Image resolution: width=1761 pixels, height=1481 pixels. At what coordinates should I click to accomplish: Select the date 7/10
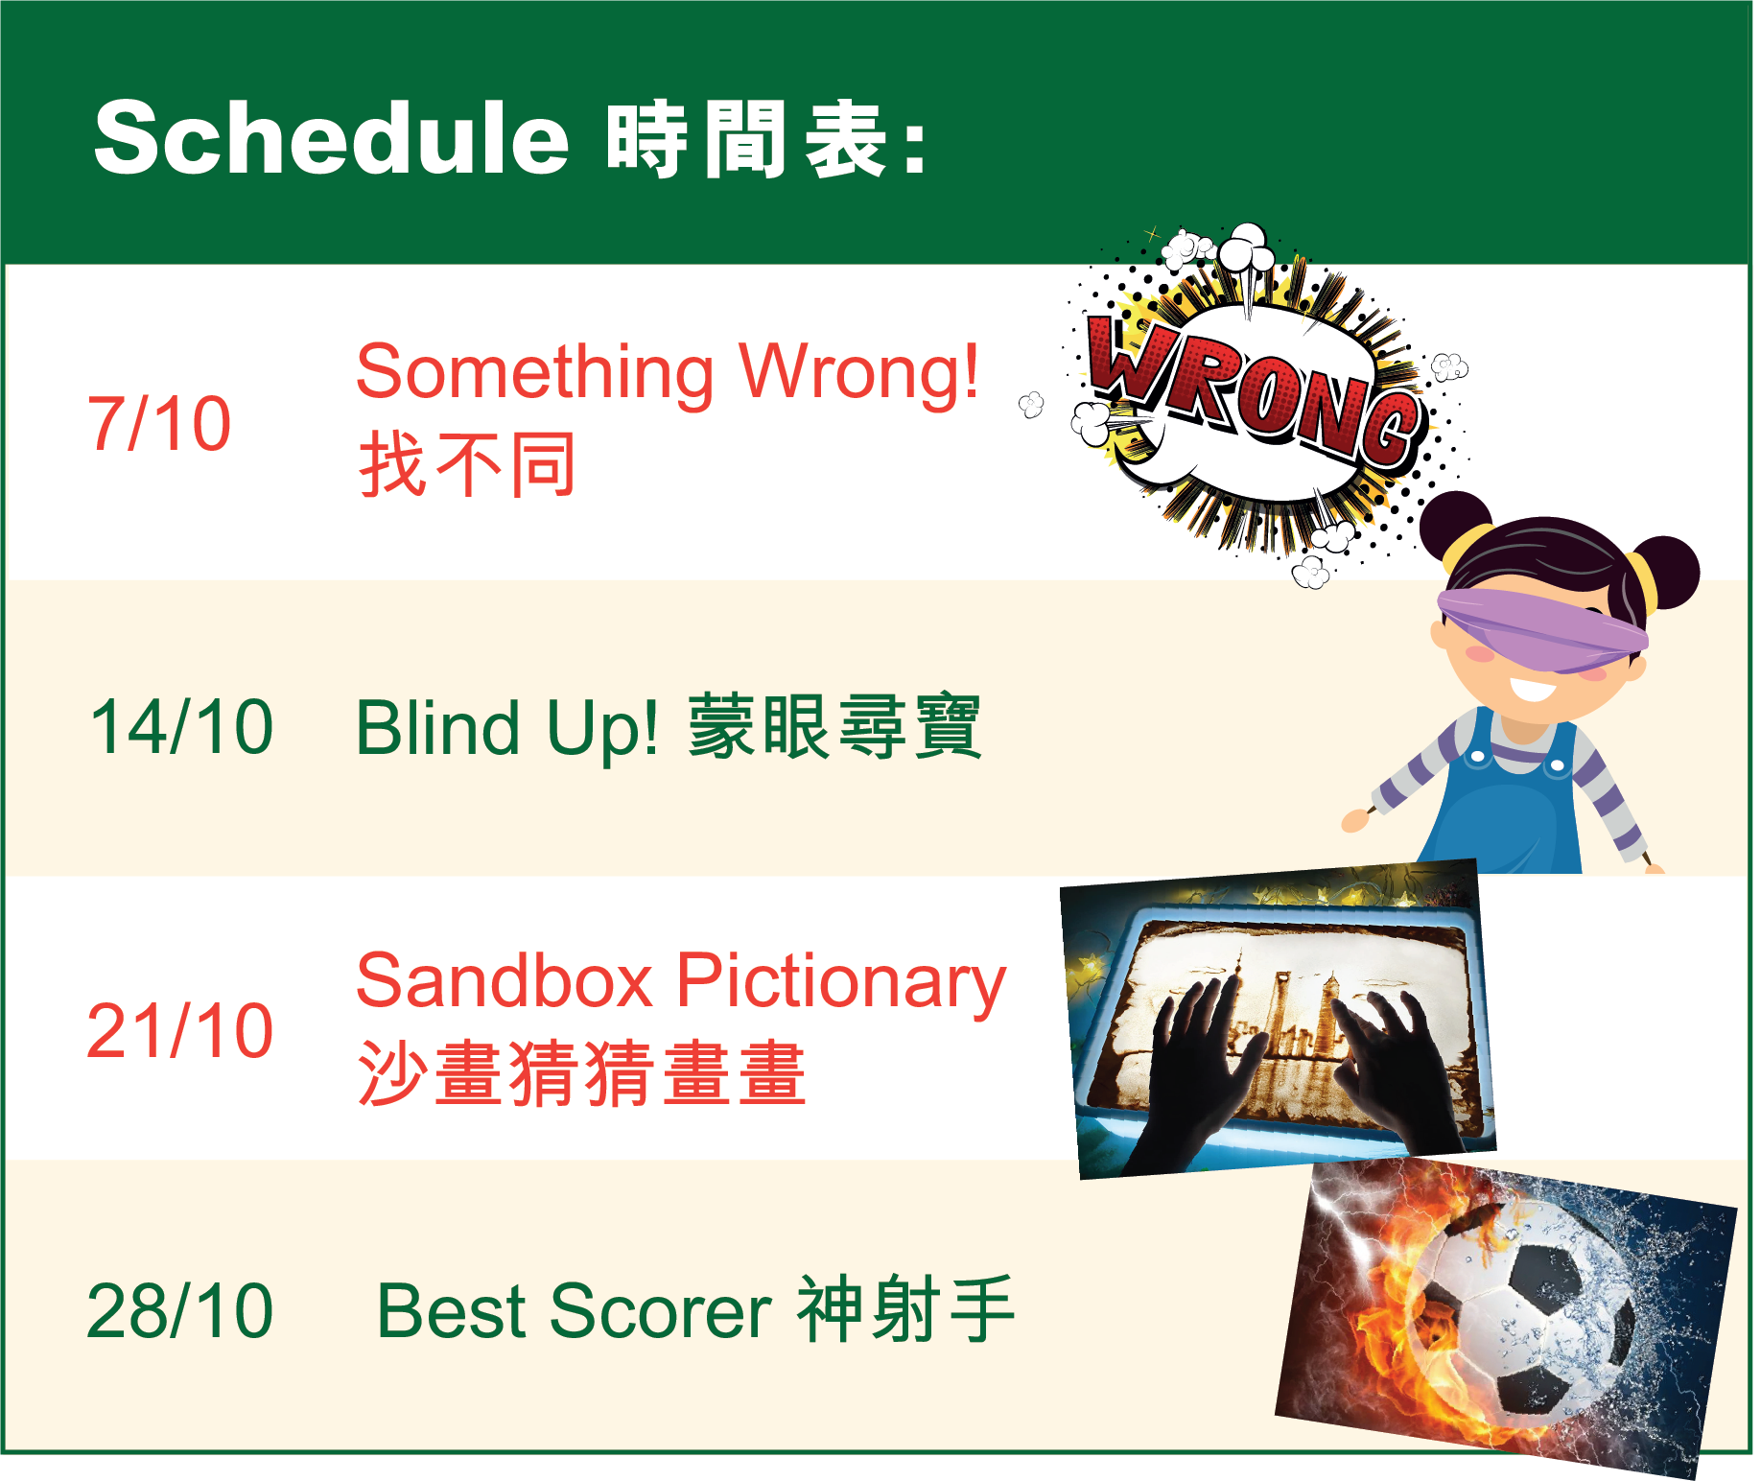point(159,423)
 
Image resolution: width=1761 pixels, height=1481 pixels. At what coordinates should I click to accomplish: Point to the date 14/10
point(181,726)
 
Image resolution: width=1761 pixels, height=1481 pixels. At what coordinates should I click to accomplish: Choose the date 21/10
point(180,1030)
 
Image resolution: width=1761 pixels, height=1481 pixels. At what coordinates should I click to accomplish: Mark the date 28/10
point(180,1310)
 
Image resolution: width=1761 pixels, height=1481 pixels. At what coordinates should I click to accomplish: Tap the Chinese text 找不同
point(467,464)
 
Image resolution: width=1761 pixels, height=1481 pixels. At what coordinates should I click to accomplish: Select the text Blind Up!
point(507,728)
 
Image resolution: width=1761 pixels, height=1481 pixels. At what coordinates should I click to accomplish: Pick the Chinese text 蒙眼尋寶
point(834,726)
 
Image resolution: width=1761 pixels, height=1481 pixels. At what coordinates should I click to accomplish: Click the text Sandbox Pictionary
point(681,982)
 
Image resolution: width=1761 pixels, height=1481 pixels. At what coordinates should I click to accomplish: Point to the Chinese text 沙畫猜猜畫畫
point(582,1073)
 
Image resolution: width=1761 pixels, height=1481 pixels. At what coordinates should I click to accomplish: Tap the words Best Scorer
point(575,1310)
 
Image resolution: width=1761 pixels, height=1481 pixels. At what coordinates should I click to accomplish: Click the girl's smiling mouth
point(1532,689)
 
